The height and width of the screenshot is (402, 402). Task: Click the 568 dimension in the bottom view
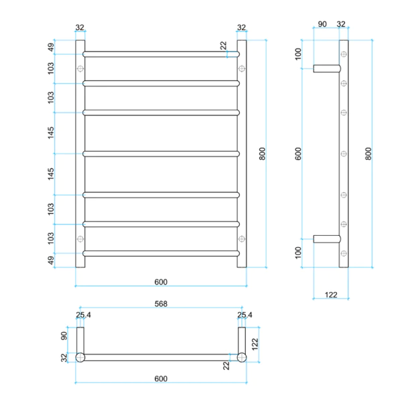point(160,304)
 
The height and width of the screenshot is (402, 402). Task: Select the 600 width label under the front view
point(160,281)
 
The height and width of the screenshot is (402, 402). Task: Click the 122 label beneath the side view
point(330,295)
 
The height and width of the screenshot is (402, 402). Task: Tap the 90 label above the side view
point(322,24)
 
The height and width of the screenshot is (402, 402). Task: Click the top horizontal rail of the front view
point(160,54)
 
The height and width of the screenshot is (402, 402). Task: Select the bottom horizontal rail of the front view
point(160,253)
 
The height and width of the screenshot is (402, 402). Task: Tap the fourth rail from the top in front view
point(160,153)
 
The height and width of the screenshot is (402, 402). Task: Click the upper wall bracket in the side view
point(326,67)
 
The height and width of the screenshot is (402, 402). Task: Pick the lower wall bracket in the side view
point(326,239)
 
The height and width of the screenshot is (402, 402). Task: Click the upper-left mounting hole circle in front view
point(80,68)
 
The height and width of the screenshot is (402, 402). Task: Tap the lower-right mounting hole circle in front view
point(241,239)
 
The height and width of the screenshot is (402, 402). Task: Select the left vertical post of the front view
point(80,153)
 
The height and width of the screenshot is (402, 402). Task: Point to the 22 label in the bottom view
point(226,365)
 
